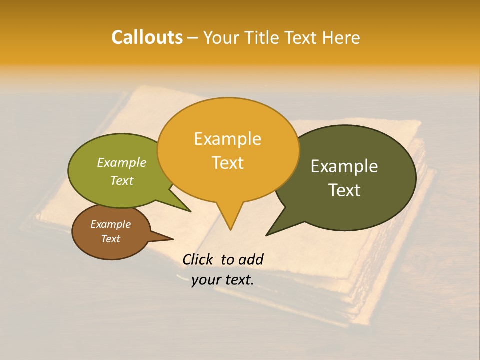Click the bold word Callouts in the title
tap(147, 37)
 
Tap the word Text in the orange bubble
tap(227, 163)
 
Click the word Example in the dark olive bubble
tap(344, 166)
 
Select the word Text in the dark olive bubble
tap(344, 190)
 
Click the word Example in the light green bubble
tap(122, 162)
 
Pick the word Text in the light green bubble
tap(122, 180)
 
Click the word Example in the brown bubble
tap(110, 224)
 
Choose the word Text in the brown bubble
tap(110, 239)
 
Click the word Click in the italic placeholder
tap(199, 259)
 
